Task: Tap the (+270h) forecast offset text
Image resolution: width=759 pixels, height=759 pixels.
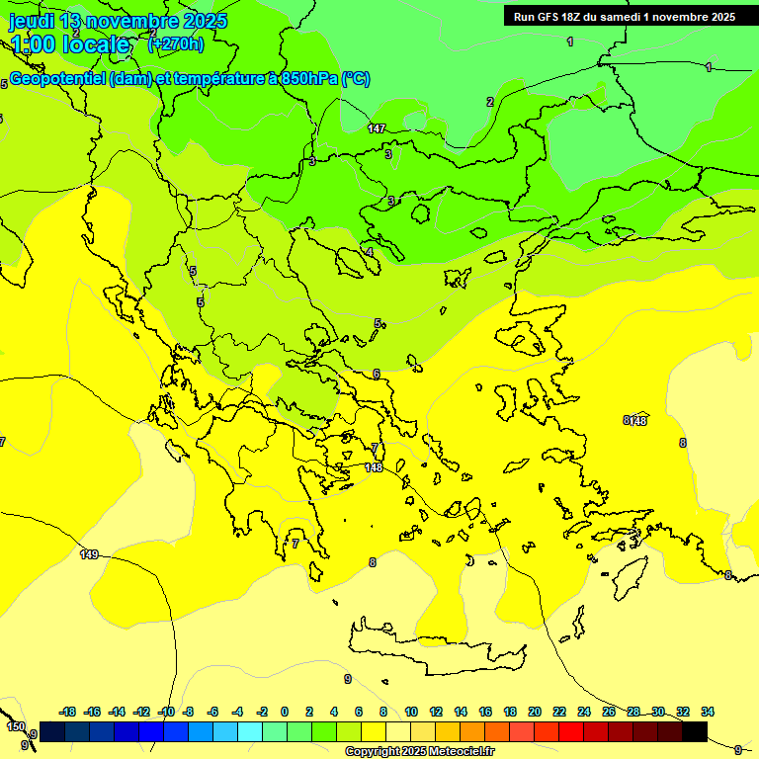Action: (175, 43)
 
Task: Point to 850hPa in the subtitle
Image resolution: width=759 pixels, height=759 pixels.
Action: (308, 79)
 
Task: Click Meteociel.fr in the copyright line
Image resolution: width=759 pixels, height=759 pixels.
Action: (463, 751)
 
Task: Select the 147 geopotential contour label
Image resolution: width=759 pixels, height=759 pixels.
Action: (377, 128)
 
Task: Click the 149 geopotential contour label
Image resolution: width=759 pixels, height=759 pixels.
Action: (89, 554)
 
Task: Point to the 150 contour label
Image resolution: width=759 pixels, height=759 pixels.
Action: (16, 726)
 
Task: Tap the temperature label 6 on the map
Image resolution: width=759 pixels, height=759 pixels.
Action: (377, 374)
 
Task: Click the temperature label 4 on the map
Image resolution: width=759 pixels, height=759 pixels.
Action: (370, 252)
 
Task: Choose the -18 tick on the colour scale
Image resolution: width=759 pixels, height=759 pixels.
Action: (68, 712)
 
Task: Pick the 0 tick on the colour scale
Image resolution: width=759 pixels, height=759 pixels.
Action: (285, 712)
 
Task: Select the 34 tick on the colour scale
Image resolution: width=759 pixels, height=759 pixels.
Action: (708, 712)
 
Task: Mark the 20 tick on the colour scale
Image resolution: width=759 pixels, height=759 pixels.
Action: (535, 712)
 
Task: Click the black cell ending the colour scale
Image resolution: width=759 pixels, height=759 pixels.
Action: (695, 731)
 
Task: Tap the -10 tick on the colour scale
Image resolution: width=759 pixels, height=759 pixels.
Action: (165, 712)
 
